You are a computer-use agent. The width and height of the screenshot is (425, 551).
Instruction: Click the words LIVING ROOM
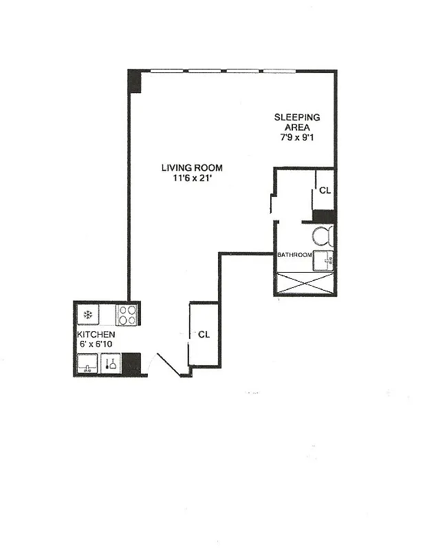coord(192,167)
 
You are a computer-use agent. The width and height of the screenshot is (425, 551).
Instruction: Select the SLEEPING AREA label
coord(297,122)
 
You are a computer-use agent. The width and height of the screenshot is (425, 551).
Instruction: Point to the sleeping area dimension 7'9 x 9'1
coord(297,137)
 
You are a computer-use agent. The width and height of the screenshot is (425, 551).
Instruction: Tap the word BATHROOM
coord(294,255)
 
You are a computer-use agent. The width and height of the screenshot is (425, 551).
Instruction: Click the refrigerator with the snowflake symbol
coord(88,315)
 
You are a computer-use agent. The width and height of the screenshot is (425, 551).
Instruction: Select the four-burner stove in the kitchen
coord(127,315)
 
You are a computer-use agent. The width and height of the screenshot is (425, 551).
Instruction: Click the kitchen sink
coord(87,363)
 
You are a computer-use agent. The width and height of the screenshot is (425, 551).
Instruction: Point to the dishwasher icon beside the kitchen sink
coord(111,363)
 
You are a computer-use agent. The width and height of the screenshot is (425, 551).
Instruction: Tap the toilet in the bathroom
coord(323,237)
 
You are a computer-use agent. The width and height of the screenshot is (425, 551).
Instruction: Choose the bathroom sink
coord(324,260)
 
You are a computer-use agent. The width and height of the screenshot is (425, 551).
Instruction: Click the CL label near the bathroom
coord(325,189)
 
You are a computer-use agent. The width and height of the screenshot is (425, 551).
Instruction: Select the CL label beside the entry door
coord(204,335)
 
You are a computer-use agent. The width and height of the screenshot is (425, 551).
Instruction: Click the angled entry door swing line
coord(168,365)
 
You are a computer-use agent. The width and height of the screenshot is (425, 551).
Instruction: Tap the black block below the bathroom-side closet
coord(324,216)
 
